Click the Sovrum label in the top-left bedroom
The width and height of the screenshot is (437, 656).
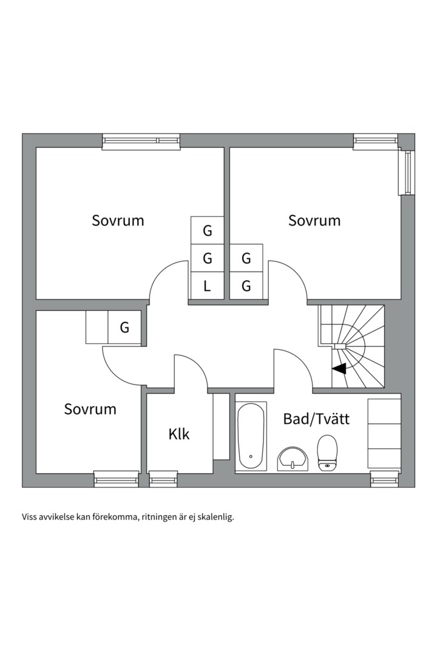point(118,220)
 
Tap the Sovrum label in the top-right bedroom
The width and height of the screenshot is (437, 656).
point(314,220)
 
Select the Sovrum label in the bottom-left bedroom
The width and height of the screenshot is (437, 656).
point(90,409)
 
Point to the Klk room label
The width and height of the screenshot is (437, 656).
point(179,434)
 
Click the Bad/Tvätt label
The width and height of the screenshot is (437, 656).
point(316,419)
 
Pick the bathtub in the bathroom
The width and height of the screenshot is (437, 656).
point(251,435)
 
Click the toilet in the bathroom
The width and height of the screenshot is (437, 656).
point(327,453)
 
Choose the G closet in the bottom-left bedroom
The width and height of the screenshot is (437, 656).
point(124,328)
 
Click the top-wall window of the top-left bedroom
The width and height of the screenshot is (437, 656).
point(141,141)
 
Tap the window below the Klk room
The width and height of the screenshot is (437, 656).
point(163,480)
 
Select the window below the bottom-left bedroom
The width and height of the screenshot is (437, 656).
point(116,480)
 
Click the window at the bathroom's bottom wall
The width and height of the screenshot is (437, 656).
point(385,480)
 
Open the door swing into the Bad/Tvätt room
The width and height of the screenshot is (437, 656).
point(293,369)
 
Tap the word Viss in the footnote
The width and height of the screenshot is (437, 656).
point(30,518)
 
